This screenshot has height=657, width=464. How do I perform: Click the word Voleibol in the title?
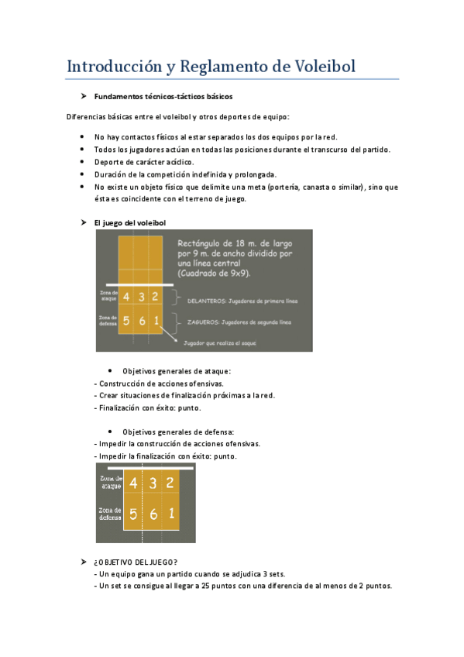coord(325,67)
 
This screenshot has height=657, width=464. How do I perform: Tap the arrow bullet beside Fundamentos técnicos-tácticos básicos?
coord(83,97)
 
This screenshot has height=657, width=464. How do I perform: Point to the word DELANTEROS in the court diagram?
coord(204,301)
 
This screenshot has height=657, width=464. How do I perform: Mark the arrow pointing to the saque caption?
coord(172,336)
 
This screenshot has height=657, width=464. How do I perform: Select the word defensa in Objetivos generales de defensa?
coord(218,432)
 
